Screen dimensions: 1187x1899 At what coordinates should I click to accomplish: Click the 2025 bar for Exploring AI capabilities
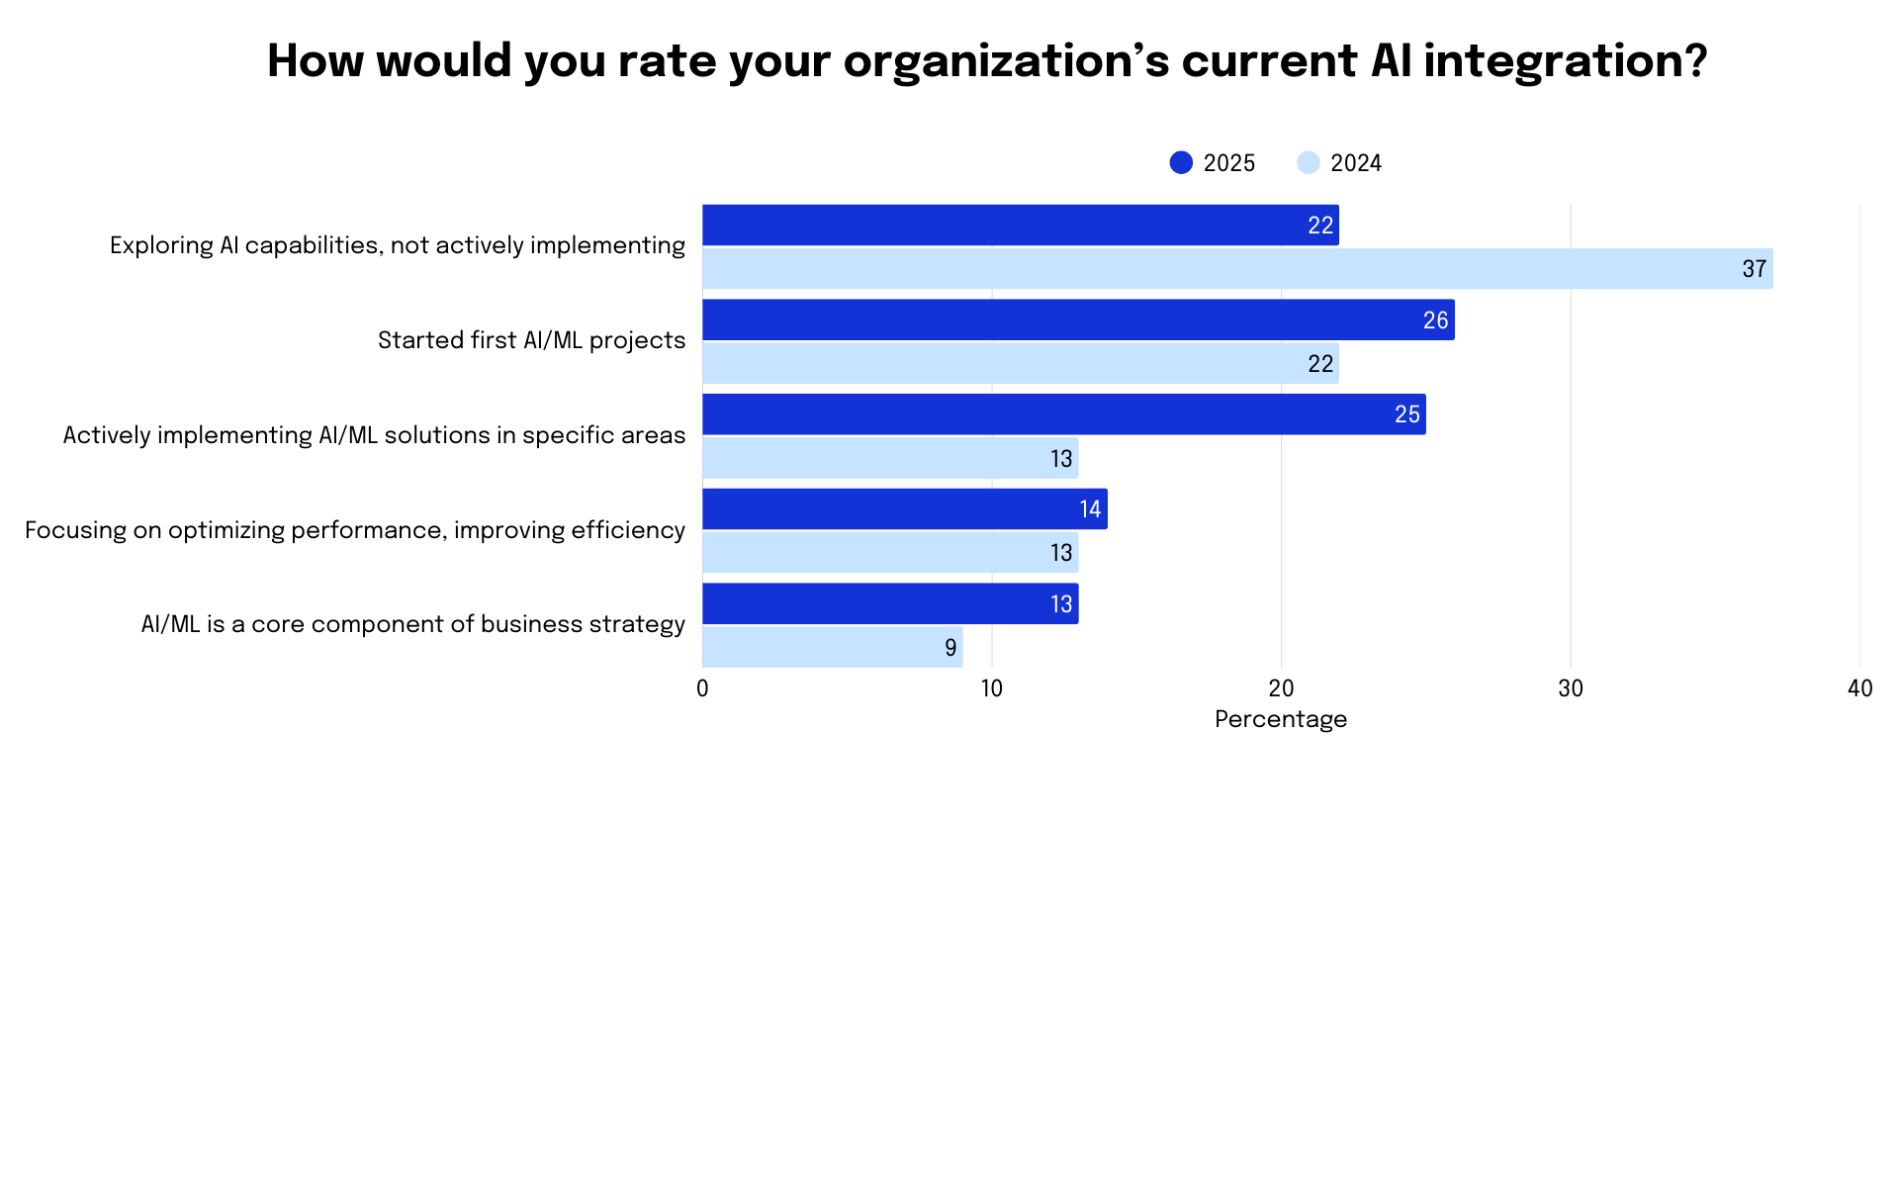[1020, 226]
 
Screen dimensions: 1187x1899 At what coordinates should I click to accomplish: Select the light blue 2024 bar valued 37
[1236, 269]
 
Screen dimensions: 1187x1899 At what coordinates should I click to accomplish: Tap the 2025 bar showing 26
[1078, 320]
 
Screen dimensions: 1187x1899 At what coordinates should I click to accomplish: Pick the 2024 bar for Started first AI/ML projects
[1020, 364]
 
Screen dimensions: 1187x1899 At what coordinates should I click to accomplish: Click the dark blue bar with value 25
[1063, 414]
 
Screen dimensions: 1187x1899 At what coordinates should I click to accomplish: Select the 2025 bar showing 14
[904, 509]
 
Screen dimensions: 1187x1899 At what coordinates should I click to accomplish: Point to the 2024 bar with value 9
[832, 648]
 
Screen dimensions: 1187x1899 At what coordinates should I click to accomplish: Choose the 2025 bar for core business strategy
[890, 604]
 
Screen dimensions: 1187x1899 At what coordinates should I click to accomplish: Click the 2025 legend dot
[1181, 163]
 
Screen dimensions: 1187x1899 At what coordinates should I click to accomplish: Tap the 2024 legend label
[1355, 163]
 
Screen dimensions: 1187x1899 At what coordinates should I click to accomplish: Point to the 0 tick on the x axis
[702, 688]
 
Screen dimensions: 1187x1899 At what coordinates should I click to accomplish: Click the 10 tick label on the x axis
[992, 688]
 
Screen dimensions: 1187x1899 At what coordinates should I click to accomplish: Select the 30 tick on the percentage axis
[1571, 688]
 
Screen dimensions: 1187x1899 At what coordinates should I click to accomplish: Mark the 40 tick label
[1859, 688]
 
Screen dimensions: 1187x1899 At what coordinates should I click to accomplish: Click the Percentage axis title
[1281, 719]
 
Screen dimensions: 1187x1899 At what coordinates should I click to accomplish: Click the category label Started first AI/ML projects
[531, 341]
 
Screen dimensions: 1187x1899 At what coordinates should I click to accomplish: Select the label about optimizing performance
[354, 530]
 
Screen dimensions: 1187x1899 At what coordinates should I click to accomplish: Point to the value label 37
[1754, 269]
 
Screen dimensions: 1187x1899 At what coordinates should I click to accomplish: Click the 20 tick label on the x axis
[1281, 688]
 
